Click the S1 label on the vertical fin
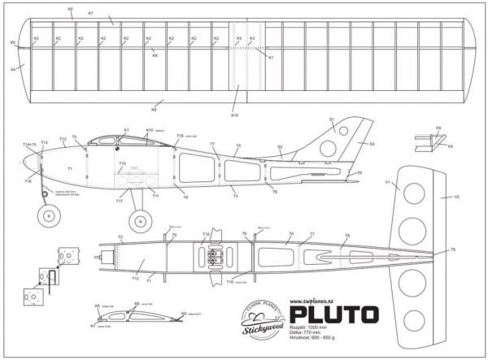[332, 119]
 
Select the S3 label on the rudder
[372, 144]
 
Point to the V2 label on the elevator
[456, 197]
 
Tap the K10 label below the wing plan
[235, 116]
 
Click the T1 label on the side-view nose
[70, 168]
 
